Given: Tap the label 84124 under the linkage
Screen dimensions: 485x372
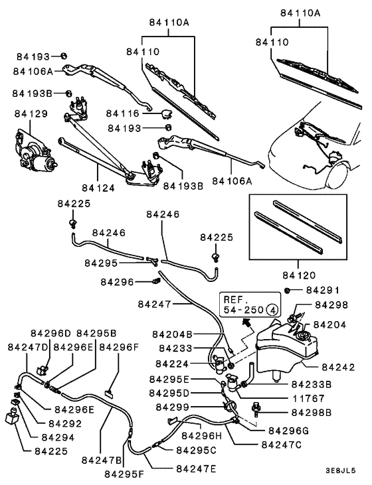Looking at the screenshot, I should (x=98, y=188).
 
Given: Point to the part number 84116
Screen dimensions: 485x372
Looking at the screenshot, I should (x=124, y=114).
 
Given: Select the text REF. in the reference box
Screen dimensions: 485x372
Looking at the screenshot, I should (x=236, y=299).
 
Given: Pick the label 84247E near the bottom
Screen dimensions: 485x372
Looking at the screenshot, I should (x=197, y=468).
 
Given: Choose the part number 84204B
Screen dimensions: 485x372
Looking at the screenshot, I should (x=171, y=334).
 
